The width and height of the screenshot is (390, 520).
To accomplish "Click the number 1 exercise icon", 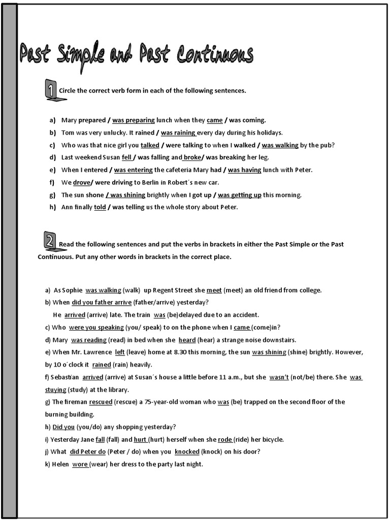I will click(51, 90).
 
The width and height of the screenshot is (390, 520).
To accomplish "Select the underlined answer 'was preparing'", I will click(134, 120).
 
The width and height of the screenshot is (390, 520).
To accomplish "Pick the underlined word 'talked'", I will click(150, 145).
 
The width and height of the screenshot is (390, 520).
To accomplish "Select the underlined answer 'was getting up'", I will click(240, 195).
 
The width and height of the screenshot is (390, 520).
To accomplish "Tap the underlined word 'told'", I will click(100, 207).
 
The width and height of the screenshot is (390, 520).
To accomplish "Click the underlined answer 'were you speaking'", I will click(95, 328).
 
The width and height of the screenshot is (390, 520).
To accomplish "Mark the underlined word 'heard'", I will click(187, 340).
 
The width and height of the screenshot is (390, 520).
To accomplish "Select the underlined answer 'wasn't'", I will click(279, 377).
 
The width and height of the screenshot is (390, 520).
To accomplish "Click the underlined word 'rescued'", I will click(101, 402).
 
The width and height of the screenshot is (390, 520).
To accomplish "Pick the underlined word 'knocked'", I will click(187, 452).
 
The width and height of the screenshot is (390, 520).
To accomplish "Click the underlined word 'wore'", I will click(80, 464).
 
